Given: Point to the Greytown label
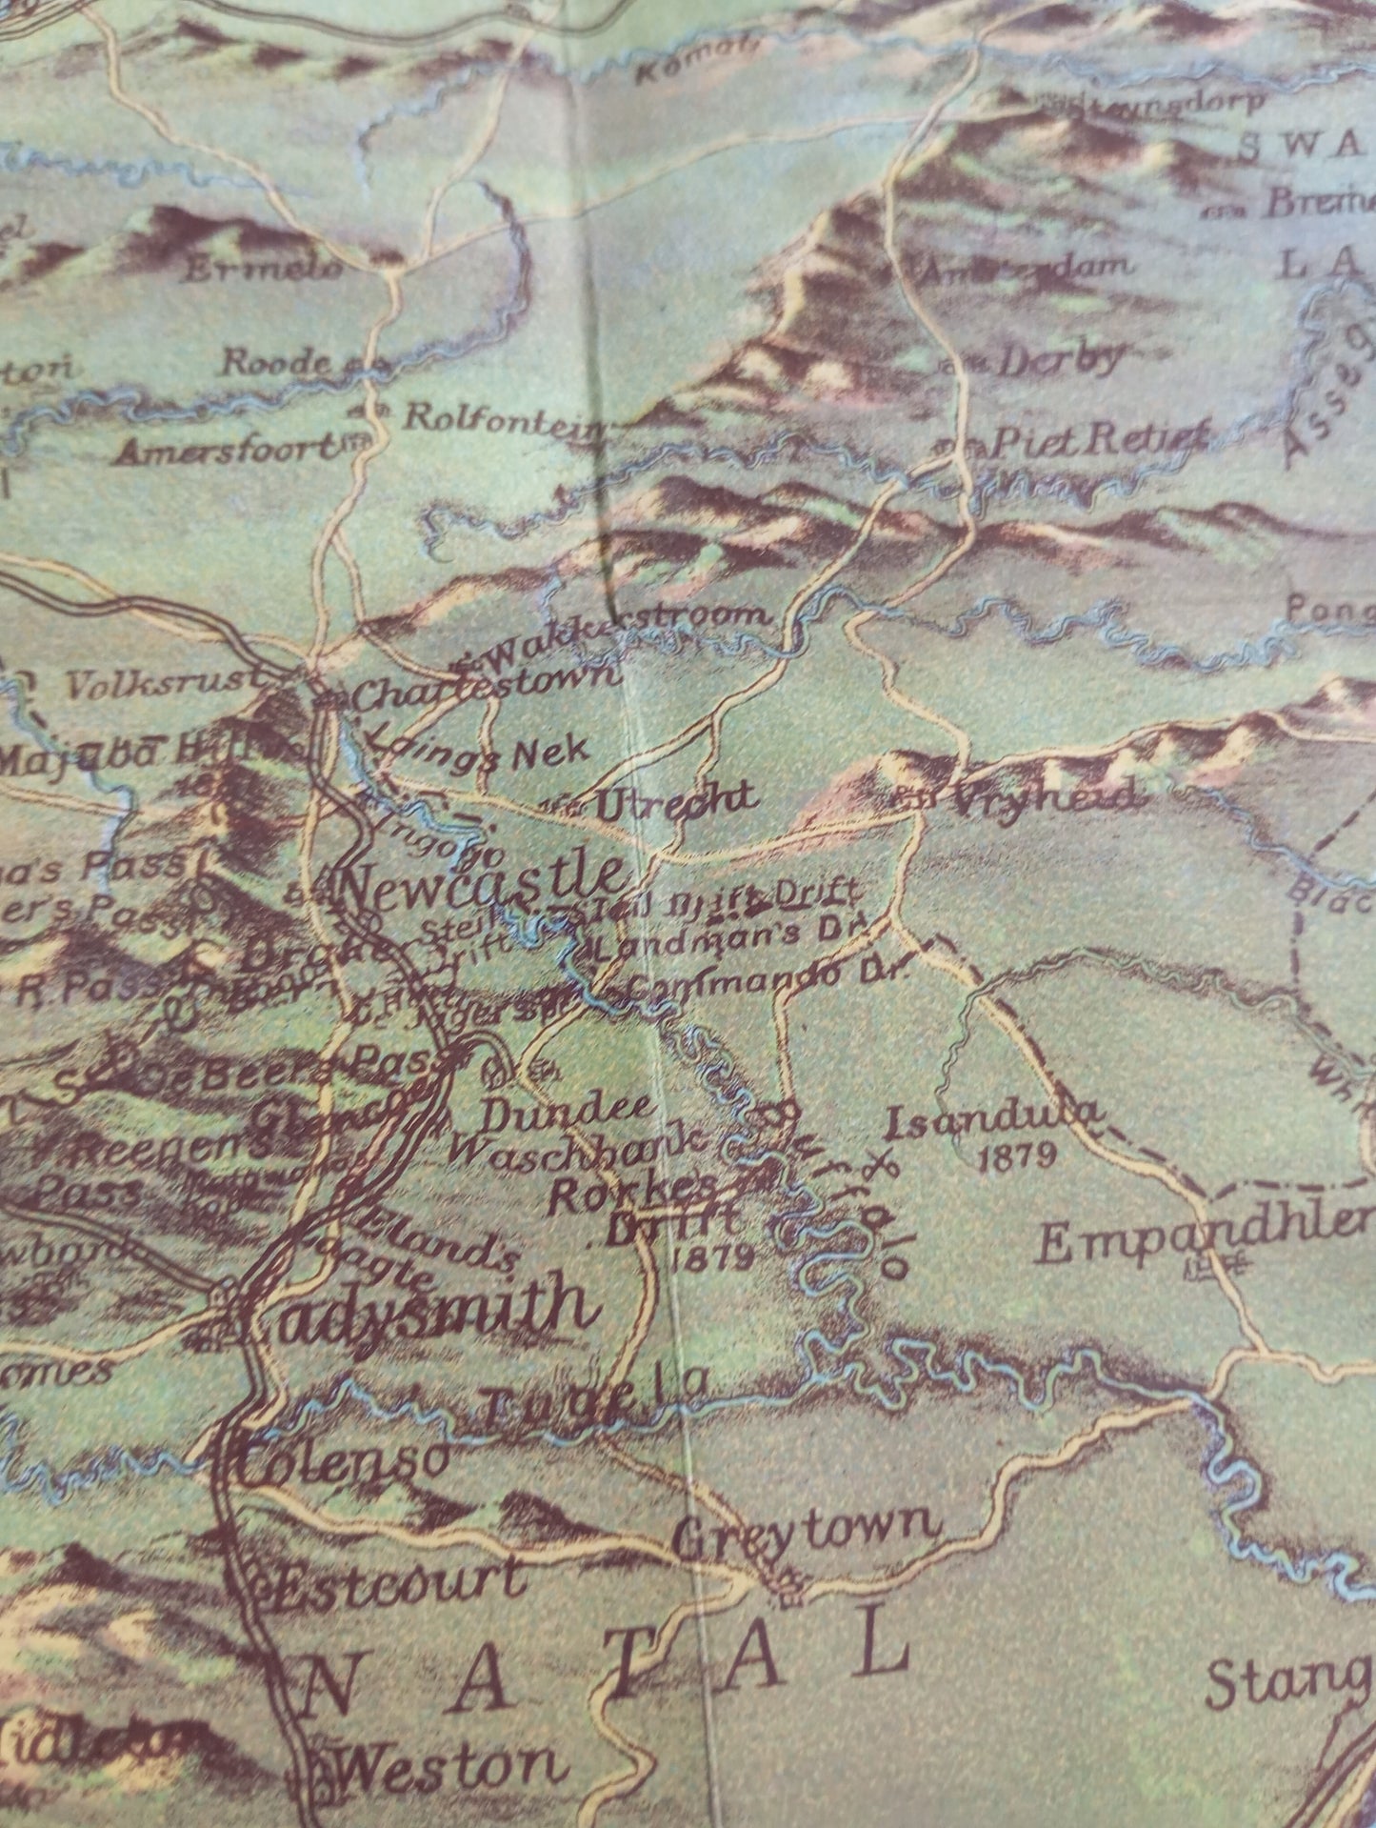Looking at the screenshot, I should [x=806, y=1531].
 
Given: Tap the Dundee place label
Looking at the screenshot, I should [x=568, y=1108].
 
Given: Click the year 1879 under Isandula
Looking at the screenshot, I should [x=1017, y=1156].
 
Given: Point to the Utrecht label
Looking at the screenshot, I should [x=676, y=800].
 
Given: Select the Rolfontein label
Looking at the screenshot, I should [x=505, y=417].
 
